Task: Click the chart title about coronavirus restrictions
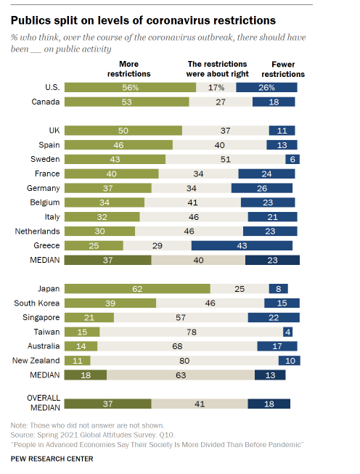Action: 143,20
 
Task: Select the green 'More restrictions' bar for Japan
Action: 137,289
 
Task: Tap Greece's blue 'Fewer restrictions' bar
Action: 242,245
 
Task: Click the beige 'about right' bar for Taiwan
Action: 192,332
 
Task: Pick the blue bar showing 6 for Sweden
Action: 292,159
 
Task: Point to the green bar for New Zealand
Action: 78,360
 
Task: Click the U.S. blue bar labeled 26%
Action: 266,87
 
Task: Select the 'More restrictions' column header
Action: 128,69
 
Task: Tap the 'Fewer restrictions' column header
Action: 283,69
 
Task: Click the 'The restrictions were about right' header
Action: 217,69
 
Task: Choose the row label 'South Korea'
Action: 36,303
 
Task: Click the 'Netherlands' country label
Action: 37,232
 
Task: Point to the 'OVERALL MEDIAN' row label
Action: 44,403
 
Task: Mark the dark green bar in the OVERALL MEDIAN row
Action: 108,404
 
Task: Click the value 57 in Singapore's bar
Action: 181,317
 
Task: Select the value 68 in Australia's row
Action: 177,346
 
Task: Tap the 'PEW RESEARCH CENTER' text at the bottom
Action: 52,459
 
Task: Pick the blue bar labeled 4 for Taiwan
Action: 287,332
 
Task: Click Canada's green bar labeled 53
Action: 126,102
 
